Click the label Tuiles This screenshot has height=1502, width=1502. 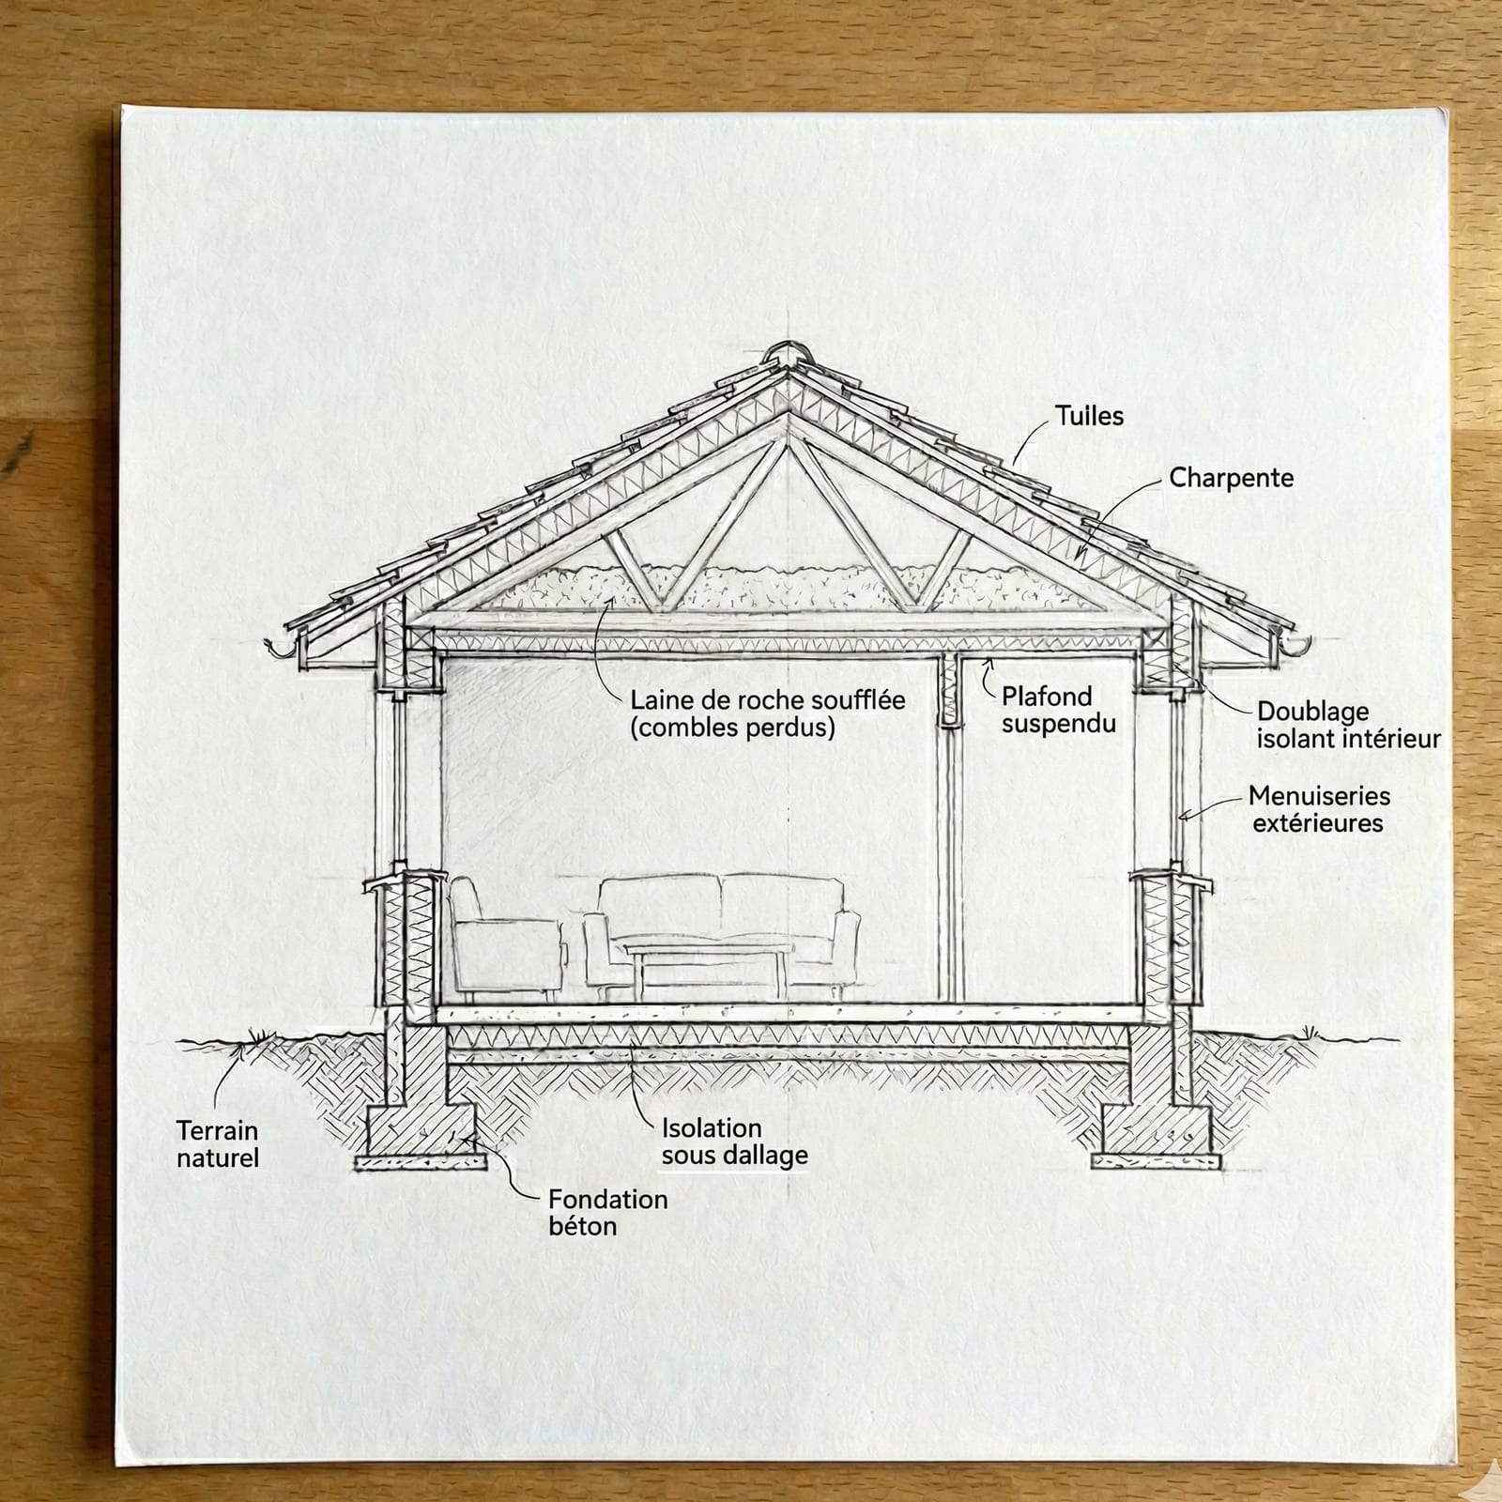click(x=1089, y=416)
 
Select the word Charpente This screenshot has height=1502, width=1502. click(x=1231, y=478)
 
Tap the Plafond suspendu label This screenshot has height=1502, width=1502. click(x=1058, y=710)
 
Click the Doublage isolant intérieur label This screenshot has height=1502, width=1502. click(x=1347, y=725)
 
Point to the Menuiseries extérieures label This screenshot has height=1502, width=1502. click(x=1318, y=809)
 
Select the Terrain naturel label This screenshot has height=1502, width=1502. click(x=217, y=1143)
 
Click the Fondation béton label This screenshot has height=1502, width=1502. click(x=607, y=1212)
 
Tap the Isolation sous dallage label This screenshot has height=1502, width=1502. click(x=733, y=1142)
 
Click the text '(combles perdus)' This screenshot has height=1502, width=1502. click(x=732, y=728)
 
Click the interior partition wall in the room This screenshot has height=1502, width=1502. click(x=950, y=845)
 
